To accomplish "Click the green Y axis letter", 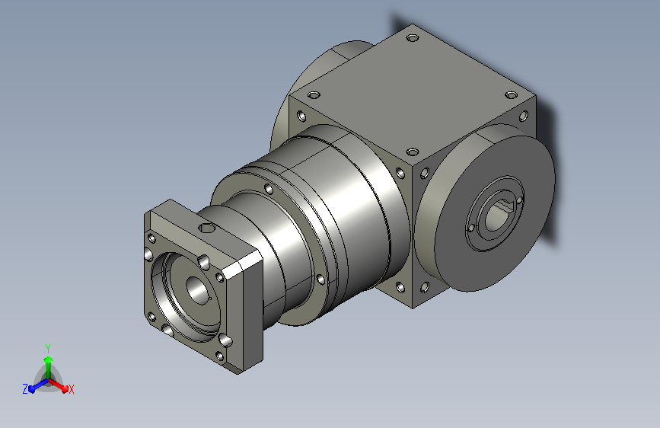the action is coord(48,348).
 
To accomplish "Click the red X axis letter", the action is coord(71,389).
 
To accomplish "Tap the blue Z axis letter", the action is coord(25,389).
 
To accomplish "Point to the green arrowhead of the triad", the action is coord(49,359).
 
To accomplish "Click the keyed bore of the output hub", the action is coord(498,216).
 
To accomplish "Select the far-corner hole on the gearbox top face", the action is coord(413,38).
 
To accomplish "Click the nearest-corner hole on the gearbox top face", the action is coord(413,152).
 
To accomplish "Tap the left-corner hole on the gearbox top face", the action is coord(314,95).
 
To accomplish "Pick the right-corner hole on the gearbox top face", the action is coord(511,95).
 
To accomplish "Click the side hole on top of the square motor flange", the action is coord(206,228).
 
